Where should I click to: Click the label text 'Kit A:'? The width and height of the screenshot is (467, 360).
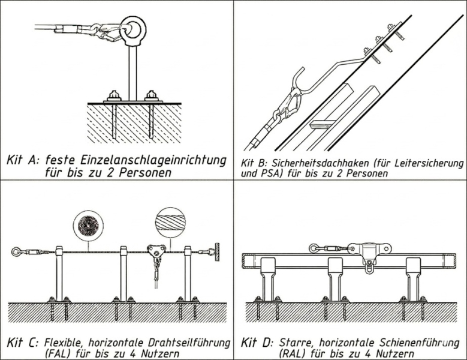pos(22,161)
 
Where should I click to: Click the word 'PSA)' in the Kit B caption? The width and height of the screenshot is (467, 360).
pos(272,174)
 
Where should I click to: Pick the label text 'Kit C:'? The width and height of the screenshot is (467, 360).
pos(23,343)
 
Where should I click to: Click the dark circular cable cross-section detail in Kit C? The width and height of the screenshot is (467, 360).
pos(88,226)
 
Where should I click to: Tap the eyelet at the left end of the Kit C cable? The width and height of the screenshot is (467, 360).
pos(16,251)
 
